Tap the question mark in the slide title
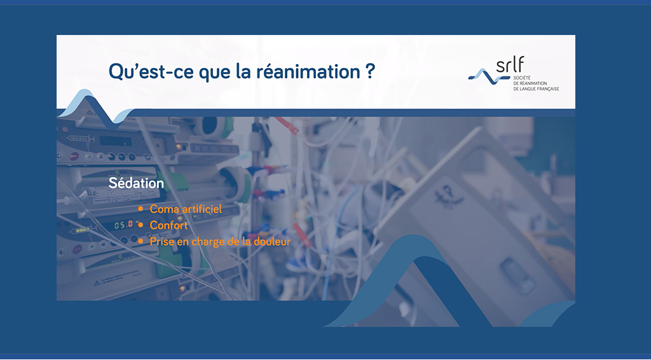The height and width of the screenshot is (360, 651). point(371,71)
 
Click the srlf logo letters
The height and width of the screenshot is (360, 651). point(510,64)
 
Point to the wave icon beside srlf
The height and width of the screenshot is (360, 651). point(489,76)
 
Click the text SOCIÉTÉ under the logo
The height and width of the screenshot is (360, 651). point(522,78)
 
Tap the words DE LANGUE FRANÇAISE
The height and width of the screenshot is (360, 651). point(536,89)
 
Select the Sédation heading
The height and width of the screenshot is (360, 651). point(136,183)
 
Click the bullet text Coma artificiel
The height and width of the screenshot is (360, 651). point(186,209)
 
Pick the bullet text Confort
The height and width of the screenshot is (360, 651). point(168,225)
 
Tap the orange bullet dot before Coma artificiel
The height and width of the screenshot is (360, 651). point(140,209)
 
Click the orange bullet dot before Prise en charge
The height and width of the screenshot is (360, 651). point(140,241)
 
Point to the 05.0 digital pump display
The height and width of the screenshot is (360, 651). point(123,225)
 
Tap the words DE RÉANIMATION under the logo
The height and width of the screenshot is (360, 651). point(530,83)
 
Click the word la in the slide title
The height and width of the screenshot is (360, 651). point(243,71)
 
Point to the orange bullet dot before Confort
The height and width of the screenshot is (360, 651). point(140,225)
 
